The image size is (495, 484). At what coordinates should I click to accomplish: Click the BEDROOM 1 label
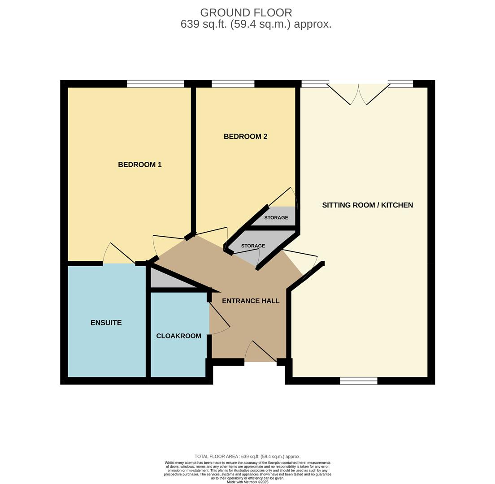tap(139, 164)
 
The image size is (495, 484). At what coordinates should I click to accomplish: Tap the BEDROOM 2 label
tap(245, 136)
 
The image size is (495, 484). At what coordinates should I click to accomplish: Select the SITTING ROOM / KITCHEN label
tap(368, 205)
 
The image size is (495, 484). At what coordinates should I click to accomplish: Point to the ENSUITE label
tap(106, 323)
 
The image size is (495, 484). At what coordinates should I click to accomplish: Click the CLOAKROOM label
tap(179, 336)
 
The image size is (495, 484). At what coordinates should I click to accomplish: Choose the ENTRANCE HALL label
tap(251, 301)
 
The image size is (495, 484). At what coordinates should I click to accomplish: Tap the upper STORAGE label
tap(276, 218)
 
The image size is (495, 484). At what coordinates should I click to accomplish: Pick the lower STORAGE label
tap(253, 246)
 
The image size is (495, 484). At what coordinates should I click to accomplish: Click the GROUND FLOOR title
tap(246, 13)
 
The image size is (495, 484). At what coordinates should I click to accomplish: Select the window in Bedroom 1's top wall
tap(155, 84)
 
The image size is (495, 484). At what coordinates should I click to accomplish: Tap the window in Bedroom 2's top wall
tap(233, 84)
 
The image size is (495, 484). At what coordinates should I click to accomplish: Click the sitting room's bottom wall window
tap(359, 380)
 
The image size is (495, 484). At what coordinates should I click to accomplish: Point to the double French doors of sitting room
tap(358, 94)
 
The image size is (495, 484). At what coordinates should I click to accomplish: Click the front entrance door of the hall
tap(261, 351)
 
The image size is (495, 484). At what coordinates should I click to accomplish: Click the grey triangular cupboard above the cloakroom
tap(167, 280)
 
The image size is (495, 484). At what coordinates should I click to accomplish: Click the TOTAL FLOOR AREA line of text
tap(247, 456)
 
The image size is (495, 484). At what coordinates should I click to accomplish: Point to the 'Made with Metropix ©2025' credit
tap(247, 482)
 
